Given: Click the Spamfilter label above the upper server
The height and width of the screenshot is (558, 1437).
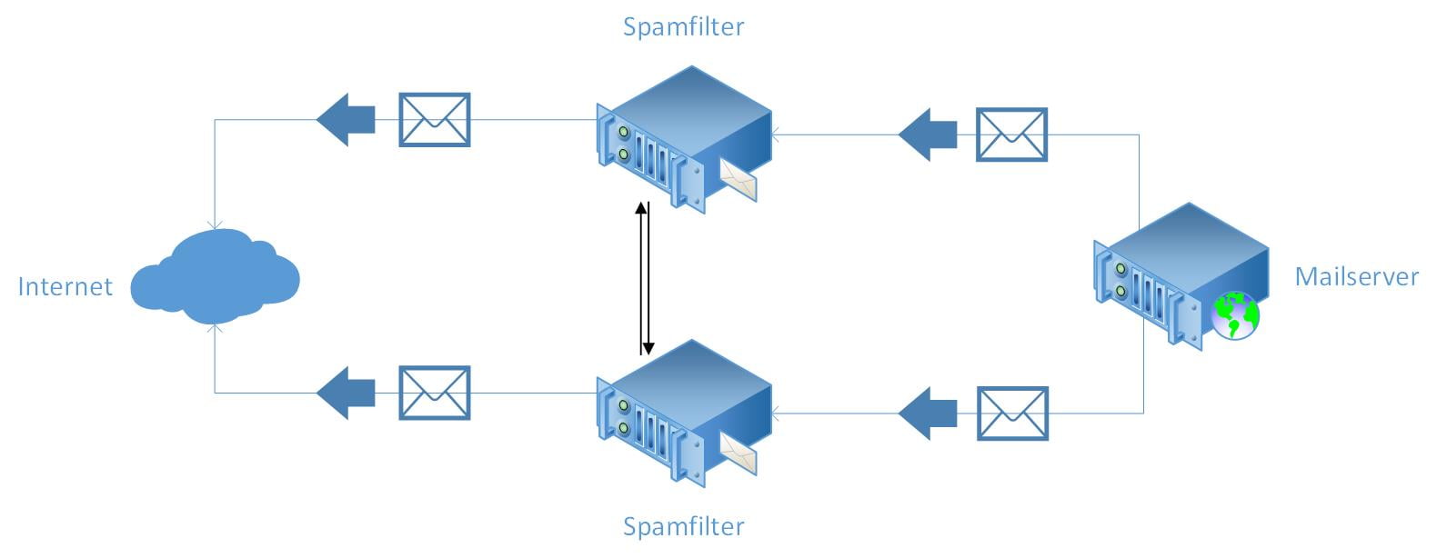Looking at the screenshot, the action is point(684,27).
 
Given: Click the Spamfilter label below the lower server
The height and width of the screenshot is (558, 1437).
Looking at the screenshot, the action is point(684,526).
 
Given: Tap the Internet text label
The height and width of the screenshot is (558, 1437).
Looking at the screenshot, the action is point(65,286).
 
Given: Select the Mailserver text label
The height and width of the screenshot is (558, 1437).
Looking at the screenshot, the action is point(1357,276).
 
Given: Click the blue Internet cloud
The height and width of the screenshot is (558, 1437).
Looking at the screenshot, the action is point(215,277).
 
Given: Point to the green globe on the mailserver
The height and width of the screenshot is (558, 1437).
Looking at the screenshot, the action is point(1235,315).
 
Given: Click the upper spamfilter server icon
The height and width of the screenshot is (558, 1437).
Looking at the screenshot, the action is point(684,139).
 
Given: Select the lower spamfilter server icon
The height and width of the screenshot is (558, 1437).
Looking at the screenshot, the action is point(684,414).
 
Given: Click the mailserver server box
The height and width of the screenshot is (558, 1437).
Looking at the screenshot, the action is point(1181,276).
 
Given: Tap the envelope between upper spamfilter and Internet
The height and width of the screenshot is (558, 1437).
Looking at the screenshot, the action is point(435,120).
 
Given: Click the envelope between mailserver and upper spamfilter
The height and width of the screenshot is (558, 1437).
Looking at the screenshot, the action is point(1011,135).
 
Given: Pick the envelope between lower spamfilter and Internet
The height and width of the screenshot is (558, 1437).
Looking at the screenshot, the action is point(435,394).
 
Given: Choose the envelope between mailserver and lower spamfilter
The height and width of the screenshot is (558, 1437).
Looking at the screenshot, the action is point(1012,414).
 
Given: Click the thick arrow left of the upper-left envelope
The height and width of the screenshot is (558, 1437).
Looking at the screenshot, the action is point(346,120).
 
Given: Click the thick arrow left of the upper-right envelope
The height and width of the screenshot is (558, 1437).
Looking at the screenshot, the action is point(928,135).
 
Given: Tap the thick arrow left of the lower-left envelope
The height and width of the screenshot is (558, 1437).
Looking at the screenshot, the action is point(346,394).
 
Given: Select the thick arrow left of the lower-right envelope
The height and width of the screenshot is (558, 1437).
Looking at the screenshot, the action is point(928,414).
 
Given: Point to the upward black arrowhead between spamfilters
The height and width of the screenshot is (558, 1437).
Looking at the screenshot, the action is point(640,208).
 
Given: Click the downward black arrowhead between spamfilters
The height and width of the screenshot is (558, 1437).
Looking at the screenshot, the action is point(648,348).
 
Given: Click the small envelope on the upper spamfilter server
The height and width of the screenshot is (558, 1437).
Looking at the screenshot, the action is point(738,180).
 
